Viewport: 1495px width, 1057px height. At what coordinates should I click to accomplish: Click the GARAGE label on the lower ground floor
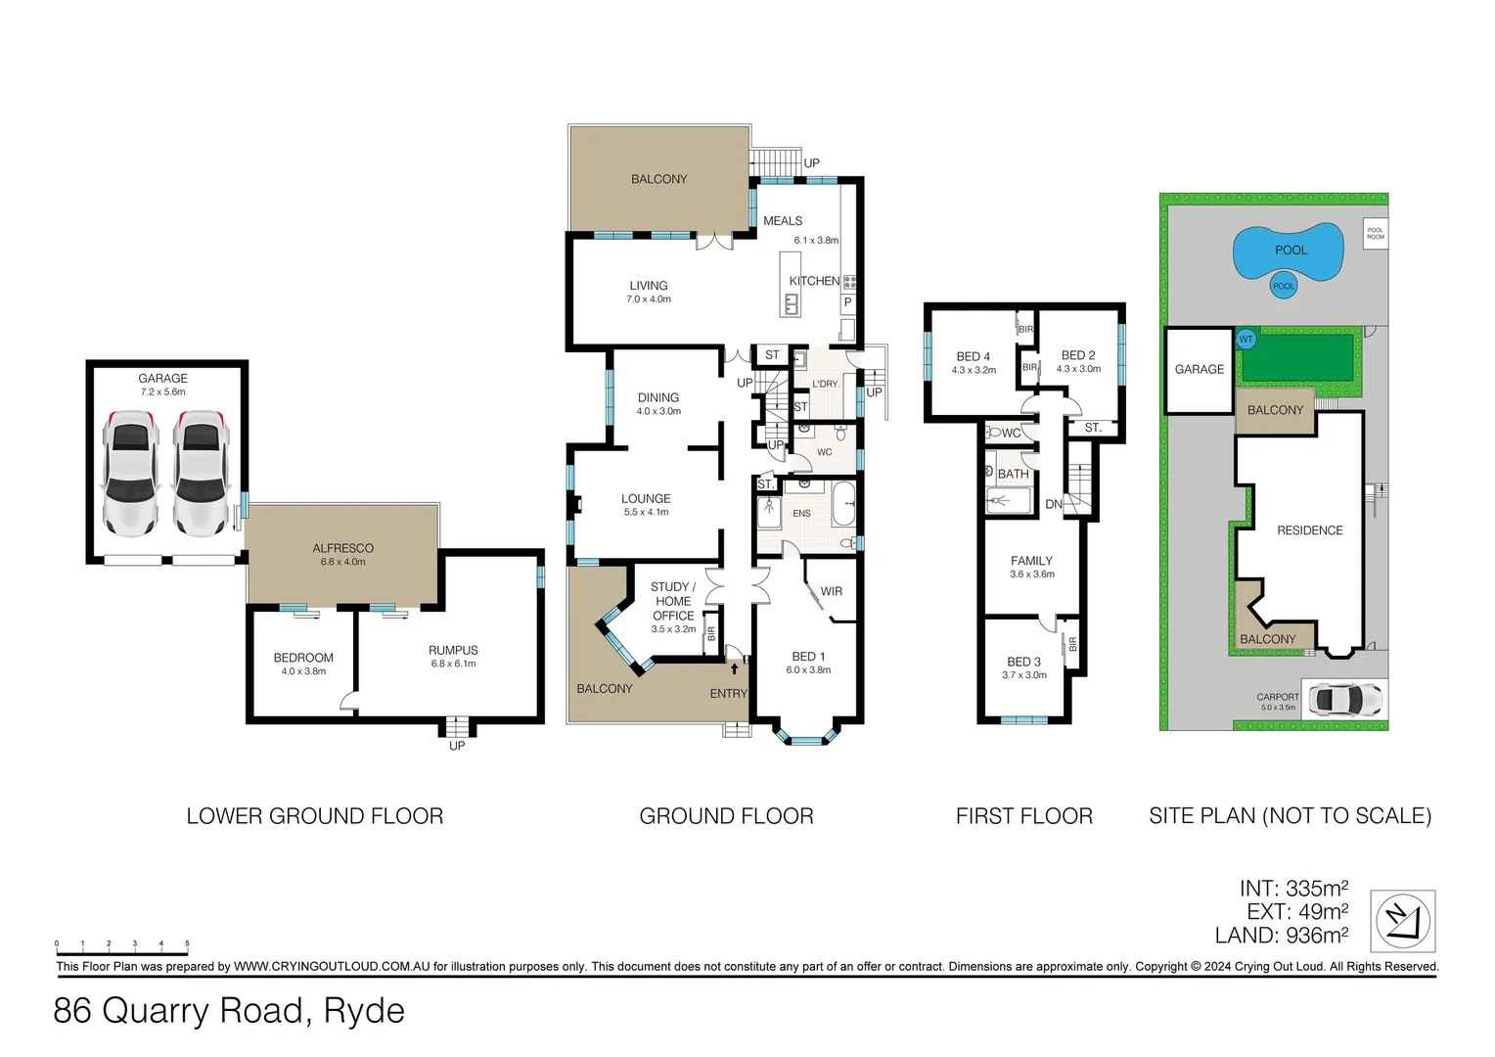pyautogui.click(x=162, y=378)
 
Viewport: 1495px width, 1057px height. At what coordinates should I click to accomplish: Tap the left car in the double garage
pyautogui.click(x=130, y=473)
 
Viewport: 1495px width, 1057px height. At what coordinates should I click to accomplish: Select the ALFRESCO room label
pyautogui.click(x=342, y=548)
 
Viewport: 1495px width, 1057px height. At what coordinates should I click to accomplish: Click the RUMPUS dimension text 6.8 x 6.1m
pyautogui.click(x=453, y=665)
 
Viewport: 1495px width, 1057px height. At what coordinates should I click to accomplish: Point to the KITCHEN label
pyautogui.click(x=814, y=281)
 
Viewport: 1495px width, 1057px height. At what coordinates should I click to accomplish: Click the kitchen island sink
pyautogui.click(x=791, y=305)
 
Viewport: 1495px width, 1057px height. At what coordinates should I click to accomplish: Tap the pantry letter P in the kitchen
pyautogui.click(x=847, y=303)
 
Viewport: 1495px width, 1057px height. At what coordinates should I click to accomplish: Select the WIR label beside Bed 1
pyautogui.click(x=831, y=591)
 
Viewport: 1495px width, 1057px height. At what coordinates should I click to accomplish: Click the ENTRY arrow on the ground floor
pyautogui.click(x=734, y=669)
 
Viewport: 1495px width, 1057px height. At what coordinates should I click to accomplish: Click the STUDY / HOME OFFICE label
pyautogui.click(x=673, y=601)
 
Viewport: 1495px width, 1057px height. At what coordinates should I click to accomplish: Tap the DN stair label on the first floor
pyautogui.click(x=1053, y=504)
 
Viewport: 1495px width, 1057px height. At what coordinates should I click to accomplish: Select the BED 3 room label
pyautogui.click(x=1023, y=662)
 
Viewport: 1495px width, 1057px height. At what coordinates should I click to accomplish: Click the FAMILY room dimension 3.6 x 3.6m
pyautogui.click(x=1032, y=574)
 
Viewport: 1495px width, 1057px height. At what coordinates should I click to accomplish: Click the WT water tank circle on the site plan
pyautogui.click(x=1246, y=340)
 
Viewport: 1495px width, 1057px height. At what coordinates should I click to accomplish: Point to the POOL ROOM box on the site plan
pyautogui.click(x=1375, y=233)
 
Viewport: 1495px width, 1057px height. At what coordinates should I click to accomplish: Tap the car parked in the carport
pyautogui.click(x=1346, y=700)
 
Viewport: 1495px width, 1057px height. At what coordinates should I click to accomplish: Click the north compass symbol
pyautogui.click(x=1402, y=921)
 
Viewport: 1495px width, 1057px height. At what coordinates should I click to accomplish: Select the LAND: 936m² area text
pyautogui.click(x=1281, y=936)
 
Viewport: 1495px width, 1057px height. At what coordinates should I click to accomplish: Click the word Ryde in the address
pyautogui.click(x=364, y=1010)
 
